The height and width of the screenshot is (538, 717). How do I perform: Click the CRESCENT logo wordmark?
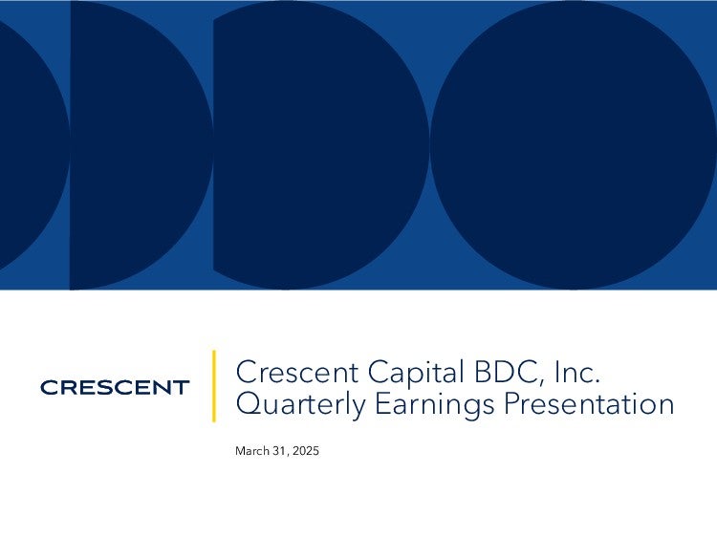pyautogui.click(x=115, y=388)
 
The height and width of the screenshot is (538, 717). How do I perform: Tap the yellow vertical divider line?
pyautogui.click(x=213, y=386)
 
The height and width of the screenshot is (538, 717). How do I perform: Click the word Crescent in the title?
pyautogui.click(x=296, y=372)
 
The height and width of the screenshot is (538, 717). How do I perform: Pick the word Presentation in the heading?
pyautogui.click(x=589, y=404)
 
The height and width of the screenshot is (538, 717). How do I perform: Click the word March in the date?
pyautogui.click(x=252, y=451)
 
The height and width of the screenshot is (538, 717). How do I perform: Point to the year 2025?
pyautogui.click(x=306, y=451)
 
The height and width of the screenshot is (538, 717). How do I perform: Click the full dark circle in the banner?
pyautogui.click(x=574, y=145)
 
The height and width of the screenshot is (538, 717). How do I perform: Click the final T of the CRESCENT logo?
pyautogui.click(x=181, y=388)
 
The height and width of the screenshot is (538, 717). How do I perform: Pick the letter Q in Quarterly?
pyautogui.click(x=250, y=405)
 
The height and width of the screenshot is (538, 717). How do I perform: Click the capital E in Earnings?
pyautogui.click(x=382, y=404)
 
